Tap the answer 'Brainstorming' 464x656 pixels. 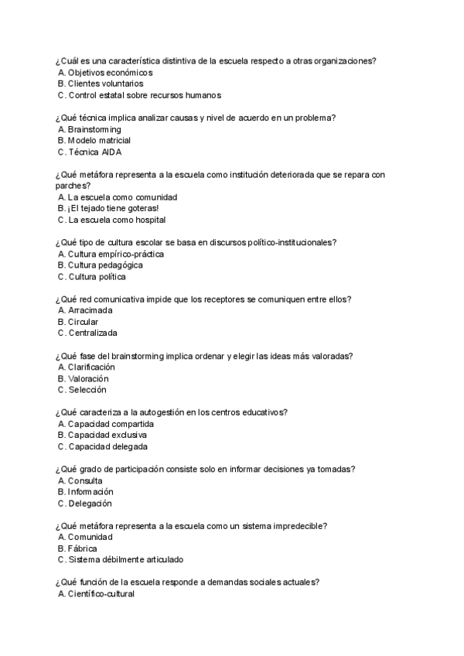tap(94, 129)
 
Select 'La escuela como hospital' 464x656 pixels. tap(116, 220)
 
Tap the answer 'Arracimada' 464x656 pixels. tap(90, 310)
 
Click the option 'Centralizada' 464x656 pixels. tap(93, 333)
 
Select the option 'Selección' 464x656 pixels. tap(87, 391)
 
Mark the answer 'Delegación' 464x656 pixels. tap(90, 504)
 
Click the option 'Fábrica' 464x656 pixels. tap(82, 548)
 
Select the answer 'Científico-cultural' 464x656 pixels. tap(101, 594)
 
